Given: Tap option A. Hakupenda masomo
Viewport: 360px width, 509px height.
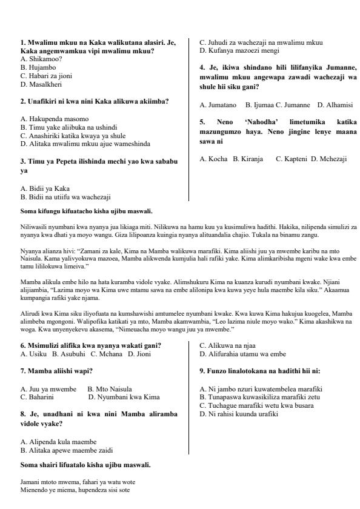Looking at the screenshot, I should point(55,119).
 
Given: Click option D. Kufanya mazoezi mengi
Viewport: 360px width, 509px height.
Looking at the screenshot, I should point(244,50).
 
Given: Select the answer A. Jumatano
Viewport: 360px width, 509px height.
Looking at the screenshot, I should point(218,105).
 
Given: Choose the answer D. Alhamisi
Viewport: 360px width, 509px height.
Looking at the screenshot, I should point(335,105).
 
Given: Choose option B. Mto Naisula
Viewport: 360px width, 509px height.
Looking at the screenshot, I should point(110,388).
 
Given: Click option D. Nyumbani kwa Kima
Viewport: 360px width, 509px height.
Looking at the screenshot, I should point(124,397).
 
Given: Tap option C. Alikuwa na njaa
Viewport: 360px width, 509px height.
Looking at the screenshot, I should point(227,345).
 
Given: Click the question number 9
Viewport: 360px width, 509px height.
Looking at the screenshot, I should point(202,370).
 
